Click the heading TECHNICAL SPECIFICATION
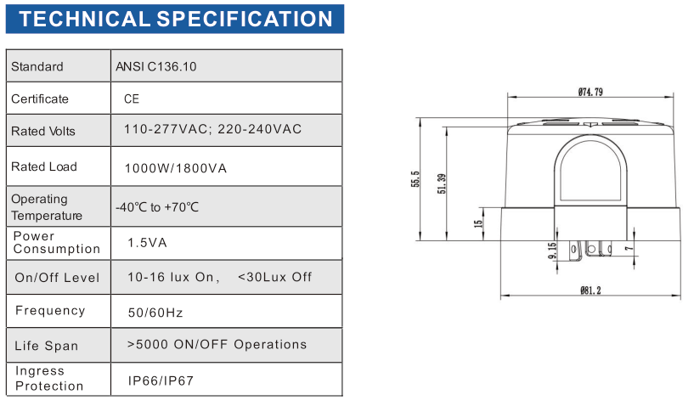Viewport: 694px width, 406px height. (x=175, y=19)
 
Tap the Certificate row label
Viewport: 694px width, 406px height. (x=40, y=99)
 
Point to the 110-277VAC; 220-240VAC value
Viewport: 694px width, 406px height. (x=212, y=129)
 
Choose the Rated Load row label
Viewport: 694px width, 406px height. (x=44, y=166)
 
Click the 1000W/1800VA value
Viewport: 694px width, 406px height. (x=175, y=168)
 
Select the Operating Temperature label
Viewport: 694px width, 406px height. (x=47, y=207)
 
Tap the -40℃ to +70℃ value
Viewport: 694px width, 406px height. (x=157, y=207)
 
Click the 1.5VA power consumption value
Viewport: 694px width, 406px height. (x=147, y=243)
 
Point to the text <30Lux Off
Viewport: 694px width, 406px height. (x=274, y=277)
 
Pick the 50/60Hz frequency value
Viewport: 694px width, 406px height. (x=155, y=313)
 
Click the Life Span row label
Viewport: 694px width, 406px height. (x=47, y=346)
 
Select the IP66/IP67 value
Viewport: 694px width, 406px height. (x=161, y=381)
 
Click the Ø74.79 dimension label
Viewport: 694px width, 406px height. (x=590, y=92)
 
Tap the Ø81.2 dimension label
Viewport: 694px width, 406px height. (x=590, y=290)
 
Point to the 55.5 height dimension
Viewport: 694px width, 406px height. (x=415, y=179)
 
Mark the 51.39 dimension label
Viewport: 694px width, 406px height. (x=442, y=183)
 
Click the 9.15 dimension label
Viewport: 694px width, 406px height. (x=552, y=251)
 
